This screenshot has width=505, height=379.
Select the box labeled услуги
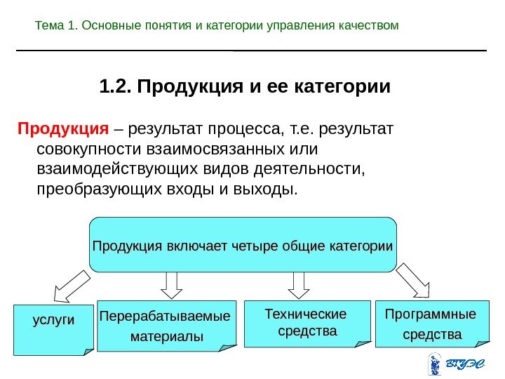pyautogui.click(x=53, y=329)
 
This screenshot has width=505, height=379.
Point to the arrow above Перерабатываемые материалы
pyautogui.click(x=170, y=284)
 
